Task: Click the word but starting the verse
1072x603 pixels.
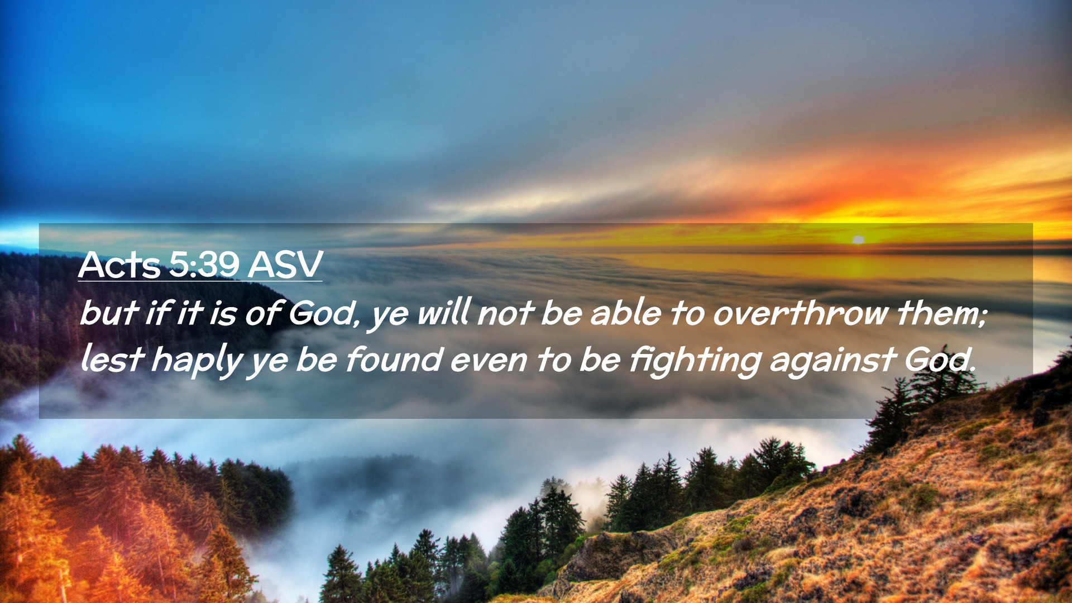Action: [x=109, y=313]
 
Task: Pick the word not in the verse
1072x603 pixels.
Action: [x=505, y=313]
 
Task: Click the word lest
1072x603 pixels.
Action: [x=112, y=360]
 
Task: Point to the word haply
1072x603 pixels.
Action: [x=197, y=362]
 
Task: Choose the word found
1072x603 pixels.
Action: [x=394, y=359]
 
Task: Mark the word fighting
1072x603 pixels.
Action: [x=695, y=362]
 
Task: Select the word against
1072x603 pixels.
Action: [x=832, y=362]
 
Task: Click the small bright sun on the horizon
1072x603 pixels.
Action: [x=858, y=240]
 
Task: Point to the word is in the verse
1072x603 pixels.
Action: [x=223, y=313]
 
